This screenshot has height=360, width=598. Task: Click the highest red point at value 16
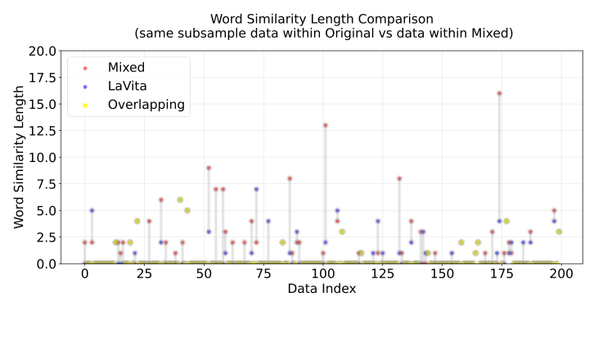(499, 93)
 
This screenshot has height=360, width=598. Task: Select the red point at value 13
(326, 125)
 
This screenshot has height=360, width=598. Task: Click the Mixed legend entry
(127, 67)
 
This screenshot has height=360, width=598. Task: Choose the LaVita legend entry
(128, 86)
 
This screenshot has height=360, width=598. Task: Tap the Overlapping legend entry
(146, 105)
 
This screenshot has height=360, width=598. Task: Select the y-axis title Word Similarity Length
(19, 157)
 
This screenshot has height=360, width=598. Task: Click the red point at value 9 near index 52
(209, 168)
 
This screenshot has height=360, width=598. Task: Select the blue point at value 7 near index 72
(256, 189)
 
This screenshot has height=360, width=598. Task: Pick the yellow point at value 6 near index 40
(180, 200)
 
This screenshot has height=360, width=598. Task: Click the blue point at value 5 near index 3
(92, 210)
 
